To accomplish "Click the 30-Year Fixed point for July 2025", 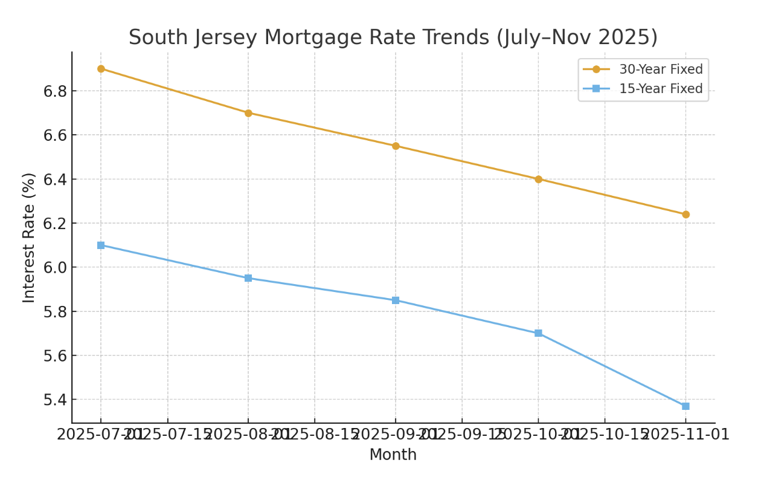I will pyautogui.click(x=101, y=69).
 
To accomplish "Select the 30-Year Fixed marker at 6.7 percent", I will pyautogui.click(x=248, y=113).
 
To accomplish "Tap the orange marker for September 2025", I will pyautogui.click(x=396, y=146).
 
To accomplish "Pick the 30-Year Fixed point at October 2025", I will pyautogui.click(x=538, y=179).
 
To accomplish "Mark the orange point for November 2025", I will pyautogui.click(x=685, y=214).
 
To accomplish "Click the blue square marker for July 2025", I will pyautogui.click(x=101, y=245).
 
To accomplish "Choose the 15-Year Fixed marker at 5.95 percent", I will pyautogui.click(x=248, y=278).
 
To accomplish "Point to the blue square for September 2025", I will pyautogui.click(x=396, y=300).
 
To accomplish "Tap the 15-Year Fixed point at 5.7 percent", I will pyautogui.click(x=538, y=333).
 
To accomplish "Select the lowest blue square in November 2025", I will pyautogui.click(x=685, y=406).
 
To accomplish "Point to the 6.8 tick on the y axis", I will pyautogui.click(x=55, y=91).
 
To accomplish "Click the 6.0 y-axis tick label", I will pyautogui.click(x=55, y=267).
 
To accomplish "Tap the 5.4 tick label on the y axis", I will pyautogui.click(x=55, y=400).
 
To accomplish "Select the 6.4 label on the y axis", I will pyautogui.click(x=55, y=179).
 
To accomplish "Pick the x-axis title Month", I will pyautogui.click(x=393, y=455).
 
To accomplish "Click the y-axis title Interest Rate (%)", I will pyautogui.click(x=29, y=237).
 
